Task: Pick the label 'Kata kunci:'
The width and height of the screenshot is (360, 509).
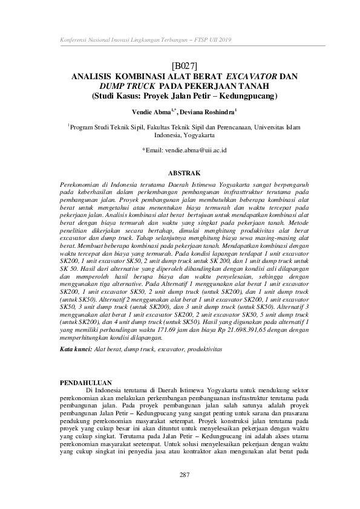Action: [x=76, y=350]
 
